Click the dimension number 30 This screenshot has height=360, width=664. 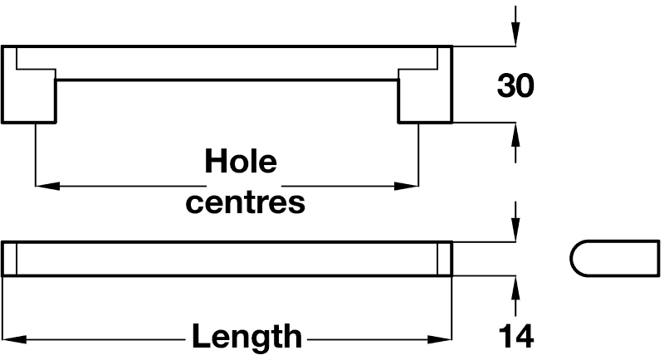(515, 86)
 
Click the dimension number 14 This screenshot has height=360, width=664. (515, 336)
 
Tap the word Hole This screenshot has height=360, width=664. (241, 161)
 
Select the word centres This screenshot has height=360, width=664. (245, 202)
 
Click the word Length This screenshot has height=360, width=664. (247, 336)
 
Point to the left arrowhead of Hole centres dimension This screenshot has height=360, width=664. (47, 186)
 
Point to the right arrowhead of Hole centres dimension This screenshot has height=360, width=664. (407, 186)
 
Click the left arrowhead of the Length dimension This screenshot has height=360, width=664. (14, 340)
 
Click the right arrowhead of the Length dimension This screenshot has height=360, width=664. (440, 340)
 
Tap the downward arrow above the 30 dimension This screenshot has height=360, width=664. (515, 26)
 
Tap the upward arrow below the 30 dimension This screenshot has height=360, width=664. (515, 143)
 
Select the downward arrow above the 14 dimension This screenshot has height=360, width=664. (515, 221)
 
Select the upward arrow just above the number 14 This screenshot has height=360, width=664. (515, 296)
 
